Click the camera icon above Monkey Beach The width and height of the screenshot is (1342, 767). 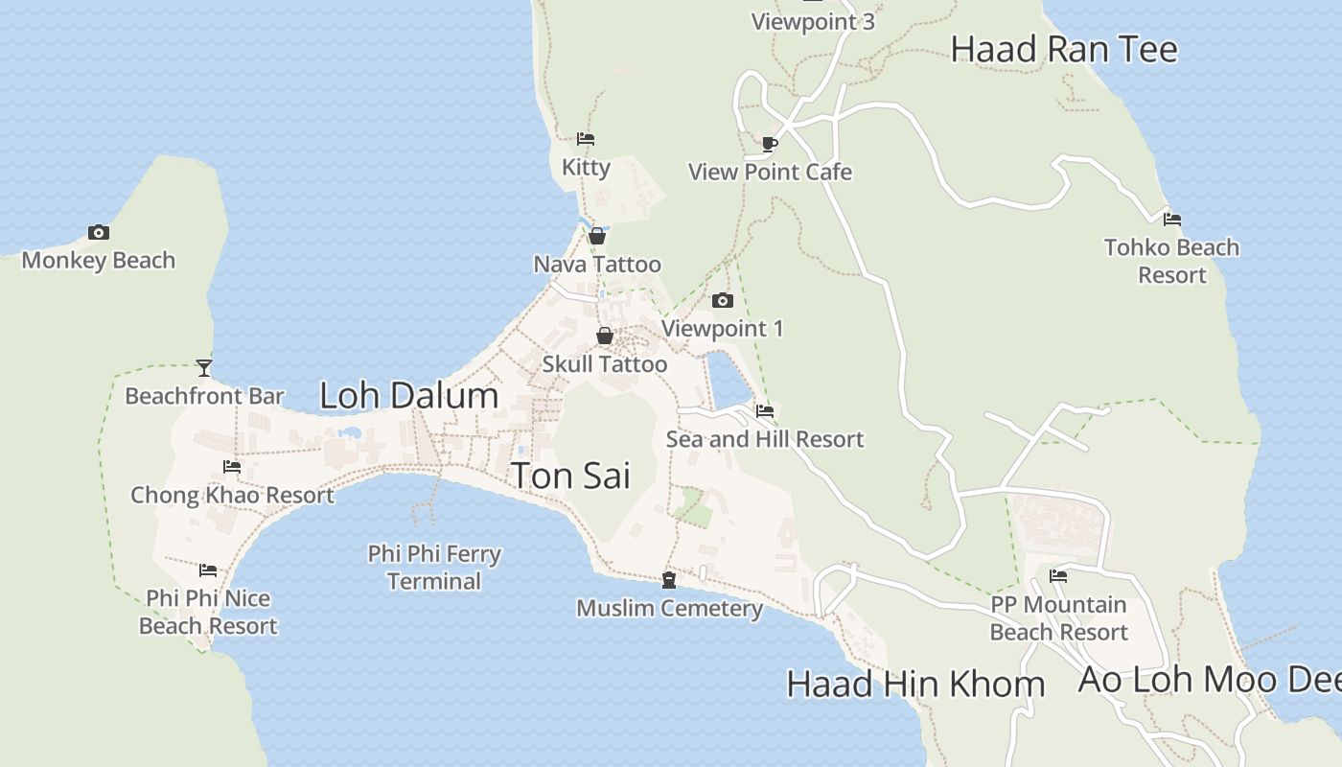tap(98, 232)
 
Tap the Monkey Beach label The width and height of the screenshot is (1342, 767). tap(98, 260)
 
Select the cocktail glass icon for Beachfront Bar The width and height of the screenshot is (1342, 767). tap(203, 367)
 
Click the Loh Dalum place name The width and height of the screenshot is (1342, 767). tap(408, 395)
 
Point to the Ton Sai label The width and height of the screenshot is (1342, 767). tap(571, 475)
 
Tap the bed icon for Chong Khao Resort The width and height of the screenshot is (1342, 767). tap(232, 467)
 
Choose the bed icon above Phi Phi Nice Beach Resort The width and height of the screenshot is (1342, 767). tap(208, 570)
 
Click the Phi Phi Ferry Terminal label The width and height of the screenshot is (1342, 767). tap(434, 568)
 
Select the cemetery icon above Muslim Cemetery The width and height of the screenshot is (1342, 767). tap(669, 580)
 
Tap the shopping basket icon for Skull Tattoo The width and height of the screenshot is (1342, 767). tap(605, 336)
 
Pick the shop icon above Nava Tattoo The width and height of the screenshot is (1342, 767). tap(597, 236)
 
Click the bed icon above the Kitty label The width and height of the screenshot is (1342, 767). tap(586, 139)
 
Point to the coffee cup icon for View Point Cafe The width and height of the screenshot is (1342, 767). tap(769, 144)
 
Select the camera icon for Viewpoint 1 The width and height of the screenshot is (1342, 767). tap(723, 301)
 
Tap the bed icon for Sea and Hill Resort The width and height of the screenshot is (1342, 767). tap(765, 411)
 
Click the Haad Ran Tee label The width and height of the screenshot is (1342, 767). tap(1064, 49)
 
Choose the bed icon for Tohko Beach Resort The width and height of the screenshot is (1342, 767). tap(1171, 219)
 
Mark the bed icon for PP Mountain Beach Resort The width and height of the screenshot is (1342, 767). tap(1058, 576)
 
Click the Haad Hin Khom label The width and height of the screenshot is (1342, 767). tap(915, 684)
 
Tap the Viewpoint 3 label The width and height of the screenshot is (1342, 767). tap(813, 21)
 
